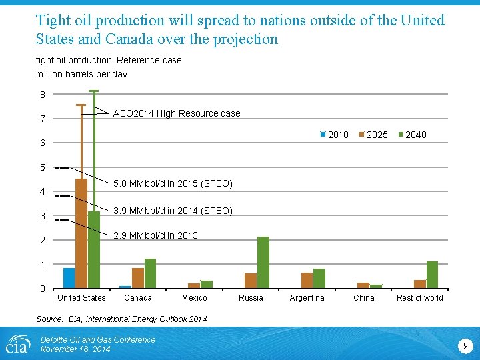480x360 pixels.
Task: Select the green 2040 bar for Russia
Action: pyautogui.click(x=263, y=263)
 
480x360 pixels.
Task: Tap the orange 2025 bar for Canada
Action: pyautogui.click(x=138, y=278)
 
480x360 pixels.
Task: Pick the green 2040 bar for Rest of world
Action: pyautogui.click(x=432, y=275)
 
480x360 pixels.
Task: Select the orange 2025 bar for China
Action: pyautogui.click(x=363, y=285)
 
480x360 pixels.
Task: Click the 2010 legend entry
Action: pyautogui.click(x=335, y=135)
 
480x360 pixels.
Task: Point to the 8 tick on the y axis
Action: pyautogui.click(x=42, y=95)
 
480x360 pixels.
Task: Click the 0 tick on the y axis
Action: pyautogui.click(x=42, y=289)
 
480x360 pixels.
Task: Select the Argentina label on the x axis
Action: pyautogui.click(x=307, y=298)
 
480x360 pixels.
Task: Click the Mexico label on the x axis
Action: pyautogui.click(x=195, y=298)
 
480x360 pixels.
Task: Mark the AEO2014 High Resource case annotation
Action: pyautogui.click(x=177, y=113)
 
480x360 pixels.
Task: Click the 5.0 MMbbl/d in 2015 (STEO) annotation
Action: pyautogui.click(x=173, y=183)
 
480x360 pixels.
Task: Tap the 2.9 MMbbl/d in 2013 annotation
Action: pyautogui.click(x=155, y=235)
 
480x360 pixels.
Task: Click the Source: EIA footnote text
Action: pyautogui.click(x=121, y=319)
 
